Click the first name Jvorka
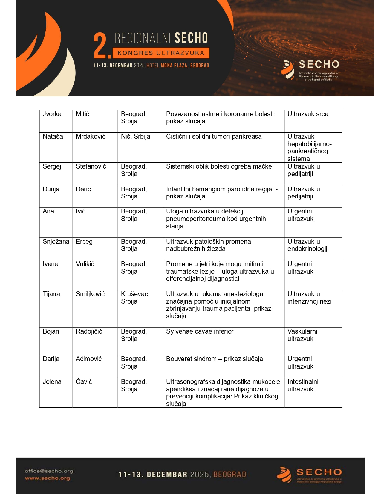click(52, 114)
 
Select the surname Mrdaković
click(91, 137)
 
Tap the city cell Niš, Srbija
click(135, 137)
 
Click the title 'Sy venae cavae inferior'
click(200, 331)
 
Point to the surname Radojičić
click(89, 331)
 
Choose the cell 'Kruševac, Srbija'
click(135, 298)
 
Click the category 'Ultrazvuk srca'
click(307, 114)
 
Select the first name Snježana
click(56, 242)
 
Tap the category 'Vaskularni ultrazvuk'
click(302, 335)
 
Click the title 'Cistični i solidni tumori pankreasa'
click(214, 137)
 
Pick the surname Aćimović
click(88, 359)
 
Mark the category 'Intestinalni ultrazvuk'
click(303, 385)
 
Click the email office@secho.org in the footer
click(49, 471)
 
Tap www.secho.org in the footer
click(47, 478)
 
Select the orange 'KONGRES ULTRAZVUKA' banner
click(161, 53)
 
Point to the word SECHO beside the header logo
click(319, 64)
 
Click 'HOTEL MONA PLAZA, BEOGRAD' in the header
click(178, 66)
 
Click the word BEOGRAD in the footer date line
click(229, 475)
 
